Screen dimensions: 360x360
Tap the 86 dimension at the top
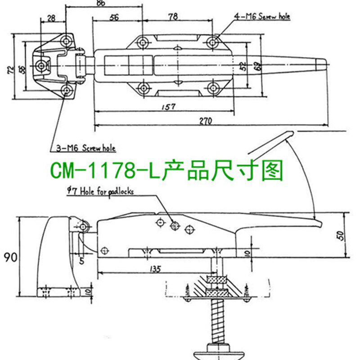(x=100, y=3)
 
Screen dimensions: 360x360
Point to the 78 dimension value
(x=172, y=17)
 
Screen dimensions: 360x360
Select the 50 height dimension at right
(x=341, y=235)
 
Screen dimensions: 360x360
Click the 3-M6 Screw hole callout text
(x=85, y=147)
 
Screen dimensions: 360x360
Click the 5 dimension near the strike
(x=82, y=259)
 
